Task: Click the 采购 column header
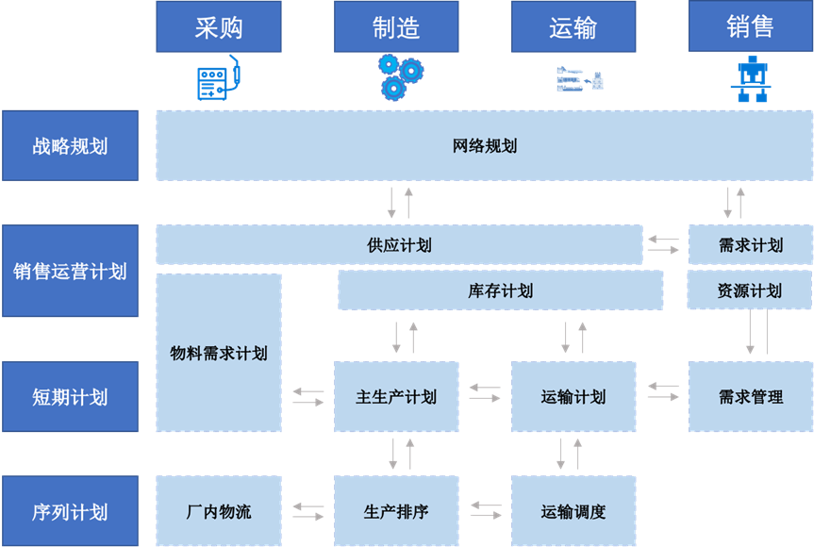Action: coord(219,27)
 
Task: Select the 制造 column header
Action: coord(396,27)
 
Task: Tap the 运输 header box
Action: coord(573,27)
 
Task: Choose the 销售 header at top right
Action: coord(750,26)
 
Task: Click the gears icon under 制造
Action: coord(400,76)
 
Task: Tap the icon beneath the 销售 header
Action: coord(751,80)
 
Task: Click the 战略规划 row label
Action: coord(70,146)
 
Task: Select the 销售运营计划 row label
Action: coord(70,272)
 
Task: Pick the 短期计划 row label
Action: coord(70,397)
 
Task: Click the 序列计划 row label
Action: coord(70,512)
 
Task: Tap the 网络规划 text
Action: coord(485,146)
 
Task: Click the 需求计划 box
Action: coord(750,245)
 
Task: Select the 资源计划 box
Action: coord(750,290)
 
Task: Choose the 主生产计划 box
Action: coord(396,397)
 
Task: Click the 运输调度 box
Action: coord(573,512)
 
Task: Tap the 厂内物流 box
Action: coord(219,512)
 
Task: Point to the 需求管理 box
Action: coord(750,397)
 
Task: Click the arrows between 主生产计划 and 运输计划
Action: coord(485,392)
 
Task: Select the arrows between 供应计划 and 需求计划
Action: coord(663,245)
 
